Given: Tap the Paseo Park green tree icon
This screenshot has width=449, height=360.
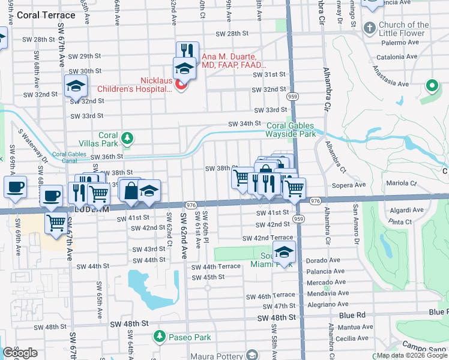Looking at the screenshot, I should tap(159, 337).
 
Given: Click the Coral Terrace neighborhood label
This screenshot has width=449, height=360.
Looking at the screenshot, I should tap(47, 15).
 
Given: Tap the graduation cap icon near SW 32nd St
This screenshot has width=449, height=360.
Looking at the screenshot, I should tap(76, 86).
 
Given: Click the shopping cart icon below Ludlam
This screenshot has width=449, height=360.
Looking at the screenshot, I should tap(56, 223).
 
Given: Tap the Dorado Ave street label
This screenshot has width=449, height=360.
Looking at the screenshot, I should tap(327, 261).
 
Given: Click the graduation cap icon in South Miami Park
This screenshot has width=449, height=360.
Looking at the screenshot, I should tap(285, 253).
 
